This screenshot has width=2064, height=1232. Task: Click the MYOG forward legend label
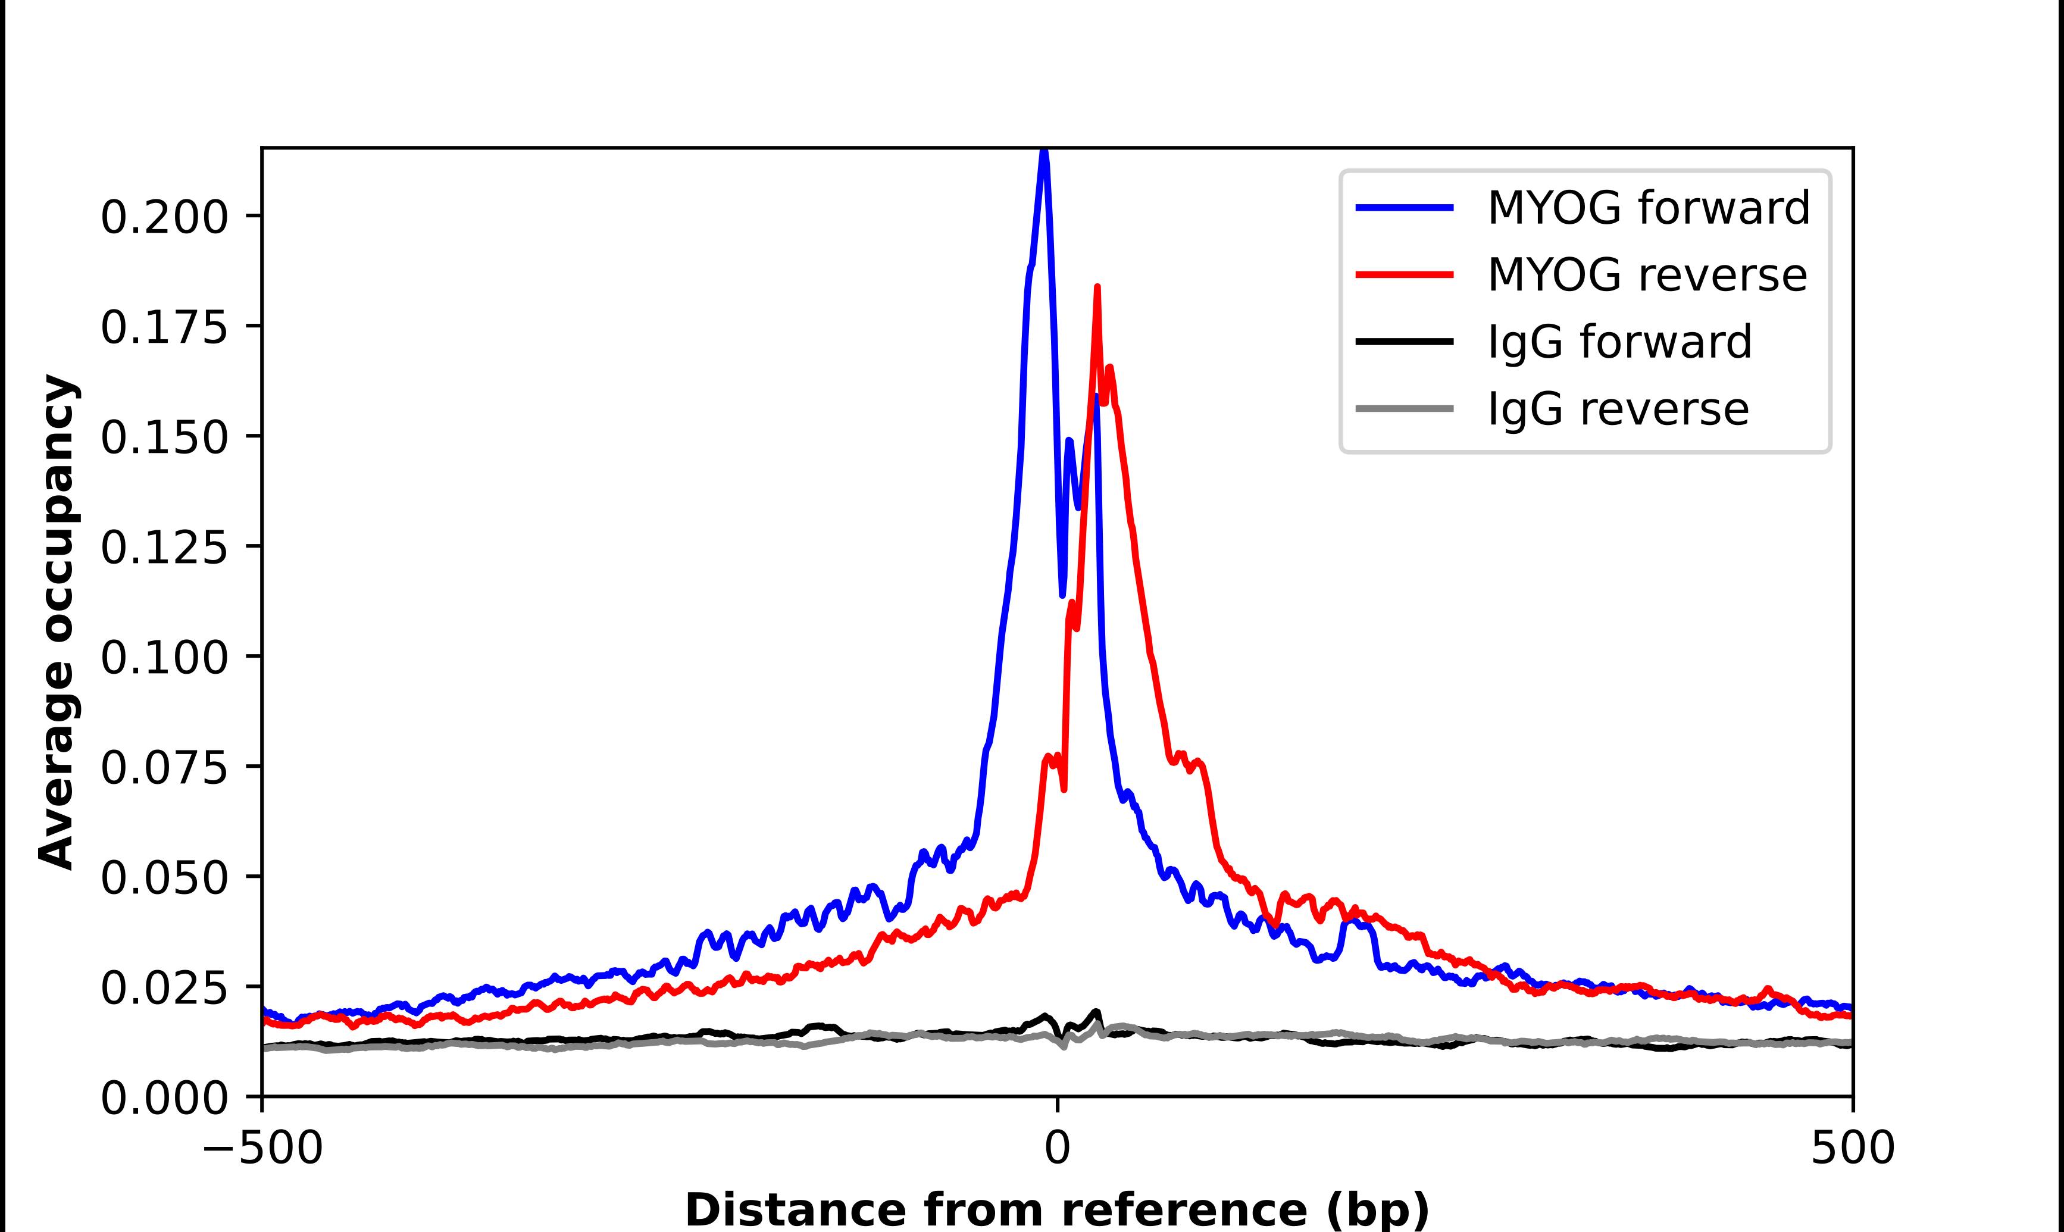[x=1648, y=208]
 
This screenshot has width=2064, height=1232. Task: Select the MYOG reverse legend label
[x=1647, y=275]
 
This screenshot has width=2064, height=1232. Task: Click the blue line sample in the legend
[x=1404, y=208]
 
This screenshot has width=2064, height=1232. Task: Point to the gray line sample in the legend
[x=1404, y=408]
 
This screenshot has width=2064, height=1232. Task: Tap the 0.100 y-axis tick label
[x=164, y=658]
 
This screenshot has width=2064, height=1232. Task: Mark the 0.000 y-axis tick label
[x=164, y=1098]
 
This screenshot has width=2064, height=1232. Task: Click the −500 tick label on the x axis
[x=262, y=1148]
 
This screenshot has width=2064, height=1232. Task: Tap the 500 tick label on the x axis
[x=1852, y=1148]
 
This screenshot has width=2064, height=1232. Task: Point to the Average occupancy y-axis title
[x=58, y=623]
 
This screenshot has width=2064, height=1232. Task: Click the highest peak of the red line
[x=1097, y=288]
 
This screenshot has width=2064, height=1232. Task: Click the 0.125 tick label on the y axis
[x=164, y=548]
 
